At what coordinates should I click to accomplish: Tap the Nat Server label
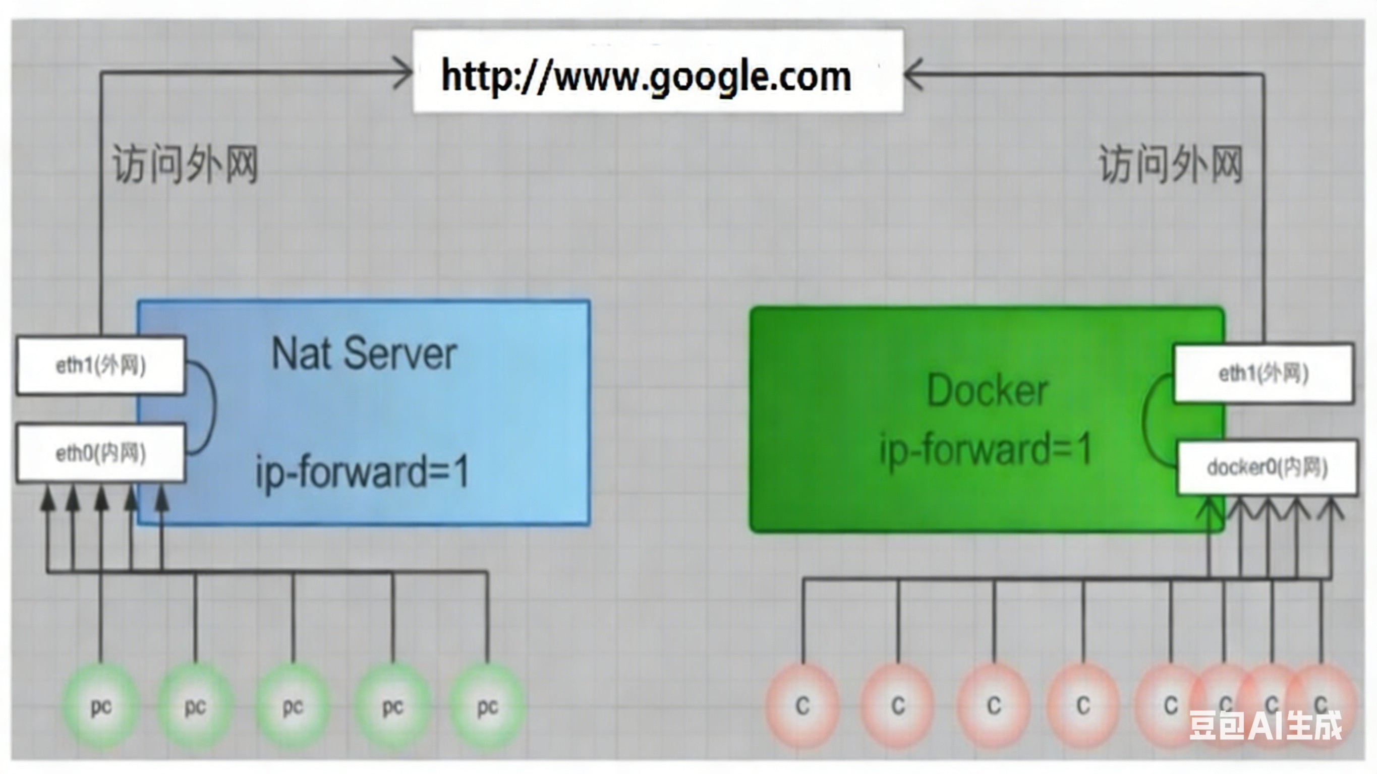(x=364, y=354)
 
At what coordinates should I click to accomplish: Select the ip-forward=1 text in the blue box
(x=363, y=472)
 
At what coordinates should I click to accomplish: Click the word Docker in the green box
(x=987, y=391)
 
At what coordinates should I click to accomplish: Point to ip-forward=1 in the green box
(x=986, y=449)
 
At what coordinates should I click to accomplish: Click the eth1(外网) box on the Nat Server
(x=101, y=366)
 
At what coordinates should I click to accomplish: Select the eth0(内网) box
(x=101, y=453)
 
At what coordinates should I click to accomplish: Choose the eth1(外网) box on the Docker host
(x=1263, y=374)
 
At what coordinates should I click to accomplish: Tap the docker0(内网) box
(x=1267, y=468)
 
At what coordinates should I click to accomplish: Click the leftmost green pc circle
(x=101, y=706)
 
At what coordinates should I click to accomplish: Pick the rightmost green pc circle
(x=487, y=706)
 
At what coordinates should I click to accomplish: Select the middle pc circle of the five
(x=293, y=706)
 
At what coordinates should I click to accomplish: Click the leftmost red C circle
(x=802, y=706)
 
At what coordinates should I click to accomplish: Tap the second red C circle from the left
(x=898, y=706)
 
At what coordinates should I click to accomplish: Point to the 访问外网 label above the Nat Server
(x=185, y=164)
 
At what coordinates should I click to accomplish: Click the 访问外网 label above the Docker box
(x=1171, y=164)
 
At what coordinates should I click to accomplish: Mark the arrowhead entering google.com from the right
(x=913, y=74)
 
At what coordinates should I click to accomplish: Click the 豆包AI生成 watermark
(x=1265, y=726)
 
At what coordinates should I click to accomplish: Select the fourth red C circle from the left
(x=1083, y=706)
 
